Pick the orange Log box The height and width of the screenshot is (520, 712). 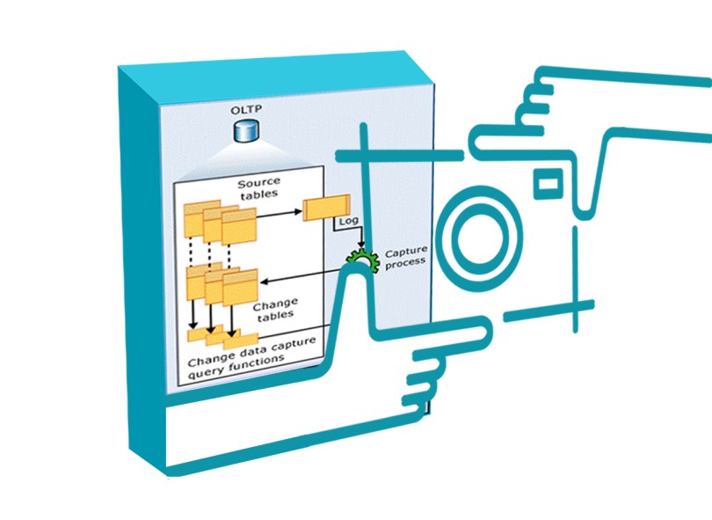[x=326, y=208]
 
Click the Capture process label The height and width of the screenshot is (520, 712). [x=404, y=255]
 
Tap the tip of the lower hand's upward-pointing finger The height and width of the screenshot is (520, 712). [x=360, y=276]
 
